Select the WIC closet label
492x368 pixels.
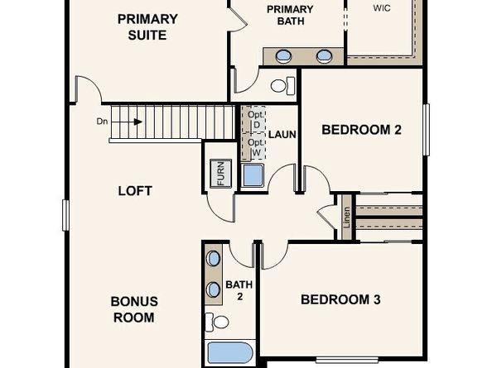pos(382,7)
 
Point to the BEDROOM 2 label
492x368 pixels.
pos(361,129)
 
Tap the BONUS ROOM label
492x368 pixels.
pos(133,309)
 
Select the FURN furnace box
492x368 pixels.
pos(221,175)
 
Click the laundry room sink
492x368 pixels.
pos(252,175)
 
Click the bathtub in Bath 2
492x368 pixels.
pos(229,352)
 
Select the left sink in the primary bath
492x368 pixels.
pos(283,56)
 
